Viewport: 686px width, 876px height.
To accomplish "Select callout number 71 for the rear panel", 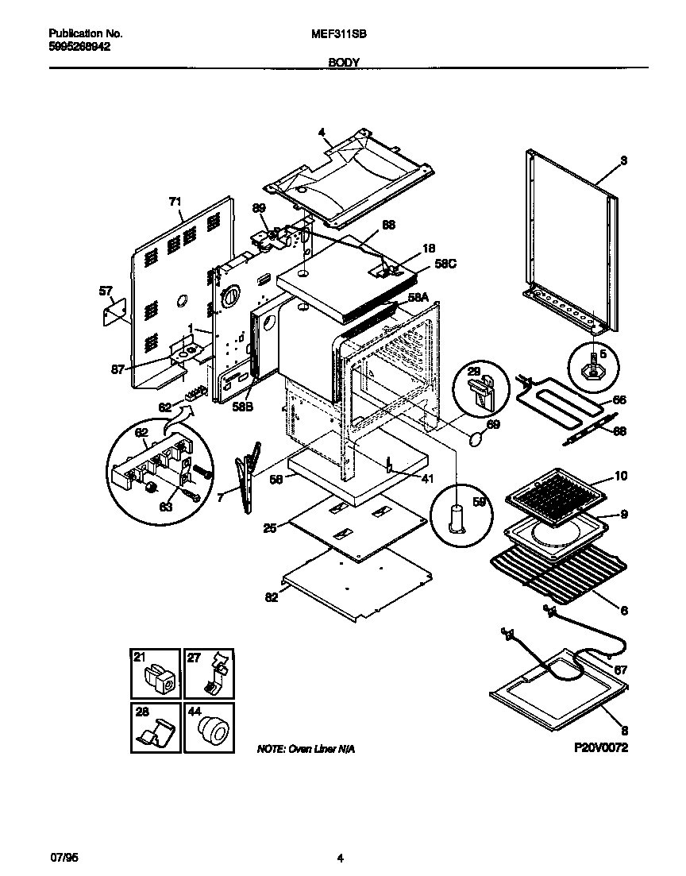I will tap(175, 203).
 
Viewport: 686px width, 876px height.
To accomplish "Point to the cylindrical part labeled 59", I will tap(457, 520).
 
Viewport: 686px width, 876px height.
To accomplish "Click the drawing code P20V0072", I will tap(602, 748).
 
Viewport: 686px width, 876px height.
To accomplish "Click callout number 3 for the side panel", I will tap(624, 160).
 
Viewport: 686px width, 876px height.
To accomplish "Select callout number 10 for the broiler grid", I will tap(621, 477).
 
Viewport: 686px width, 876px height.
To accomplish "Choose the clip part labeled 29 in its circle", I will tap(481, 391).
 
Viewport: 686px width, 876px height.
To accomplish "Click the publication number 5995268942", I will tap(79, 47).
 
